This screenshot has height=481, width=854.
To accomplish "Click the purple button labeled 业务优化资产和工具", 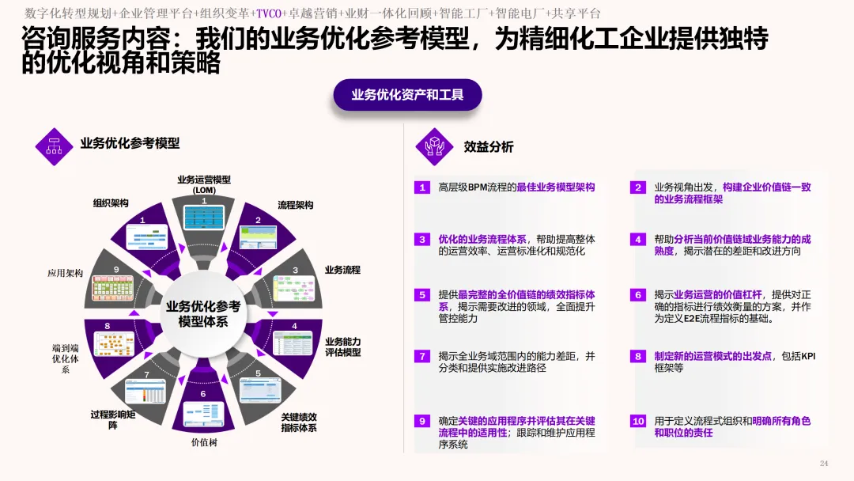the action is point(407,95).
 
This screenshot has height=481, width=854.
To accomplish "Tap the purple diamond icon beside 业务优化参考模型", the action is point(55,146).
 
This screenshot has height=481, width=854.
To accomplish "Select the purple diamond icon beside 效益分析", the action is point(435,146).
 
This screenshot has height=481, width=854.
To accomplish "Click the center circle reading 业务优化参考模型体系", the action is point(203,314).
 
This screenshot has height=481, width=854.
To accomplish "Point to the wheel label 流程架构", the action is point(295,205).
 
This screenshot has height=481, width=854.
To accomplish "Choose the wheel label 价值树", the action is point(203,442).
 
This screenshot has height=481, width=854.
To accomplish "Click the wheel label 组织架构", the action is point(111,203).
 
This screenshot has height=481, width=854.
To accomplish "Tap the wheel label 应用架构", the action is point(65,273).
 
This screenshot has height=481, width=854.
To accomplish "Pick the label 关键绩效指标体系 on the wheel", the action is point(299,422).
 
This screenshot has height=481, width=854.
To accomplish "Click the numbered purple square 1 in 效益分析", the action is point(422,187).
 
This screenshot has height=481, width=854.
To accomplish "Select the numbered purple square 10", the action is point(638,422).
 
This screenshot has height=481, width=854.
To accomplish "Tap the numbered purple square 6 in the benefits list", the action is point(638,294).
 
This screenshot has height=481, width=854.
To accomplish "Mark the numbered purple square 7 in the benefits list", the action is point(422,356).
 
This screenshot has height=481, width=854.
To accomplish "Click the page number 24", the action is point(824,463).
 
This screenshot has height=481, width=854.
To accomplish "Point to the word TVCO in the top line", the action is point(270,13).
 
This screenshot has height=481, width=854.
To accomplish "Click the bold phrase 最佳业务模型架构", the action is point(555,187).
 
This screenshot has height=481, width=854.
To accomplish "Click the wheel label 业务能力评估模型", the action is point(342,347).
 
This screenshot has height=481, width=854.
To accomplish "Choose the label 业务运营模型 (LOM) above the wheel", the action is point(203,184).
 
